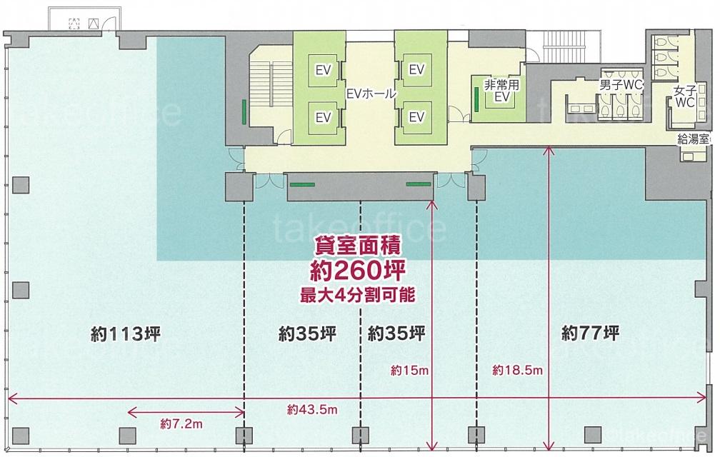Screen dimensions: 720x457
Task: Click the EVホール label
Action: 371,94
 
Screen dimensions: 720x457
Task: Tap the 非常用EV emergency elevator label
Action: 501,91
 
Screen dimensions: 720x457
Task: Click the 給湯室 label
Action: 693,139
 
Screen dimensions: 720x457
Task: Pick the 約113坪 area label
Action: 126,333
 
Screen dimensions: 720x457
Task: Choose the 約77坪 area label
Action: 590,332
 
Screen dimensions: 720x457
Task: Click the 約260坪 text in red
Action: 358,270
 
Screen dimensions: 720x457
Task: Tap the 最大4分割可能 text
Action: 357,295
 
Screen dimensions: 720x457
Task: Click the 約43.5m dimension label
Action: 312,409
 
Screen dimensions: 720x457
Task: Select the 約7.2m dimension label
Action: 181,423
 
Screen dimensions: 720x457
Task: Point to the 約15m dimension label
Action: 409,370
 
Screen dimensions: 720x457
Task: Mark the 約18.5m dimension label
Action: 517,370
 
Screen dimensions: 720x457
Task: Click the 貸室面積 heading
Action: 358,246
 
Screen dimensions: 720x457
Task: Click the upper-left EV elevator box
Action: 324,70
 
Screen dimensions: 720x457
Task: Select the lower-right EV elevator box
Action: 416,117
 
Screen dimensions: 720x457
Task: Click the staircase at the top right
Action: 571,46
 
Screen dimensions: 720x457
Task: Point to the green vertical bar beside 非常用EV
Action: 476,98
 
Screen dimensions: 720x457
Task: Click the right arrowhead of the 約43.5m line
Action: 703,398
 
